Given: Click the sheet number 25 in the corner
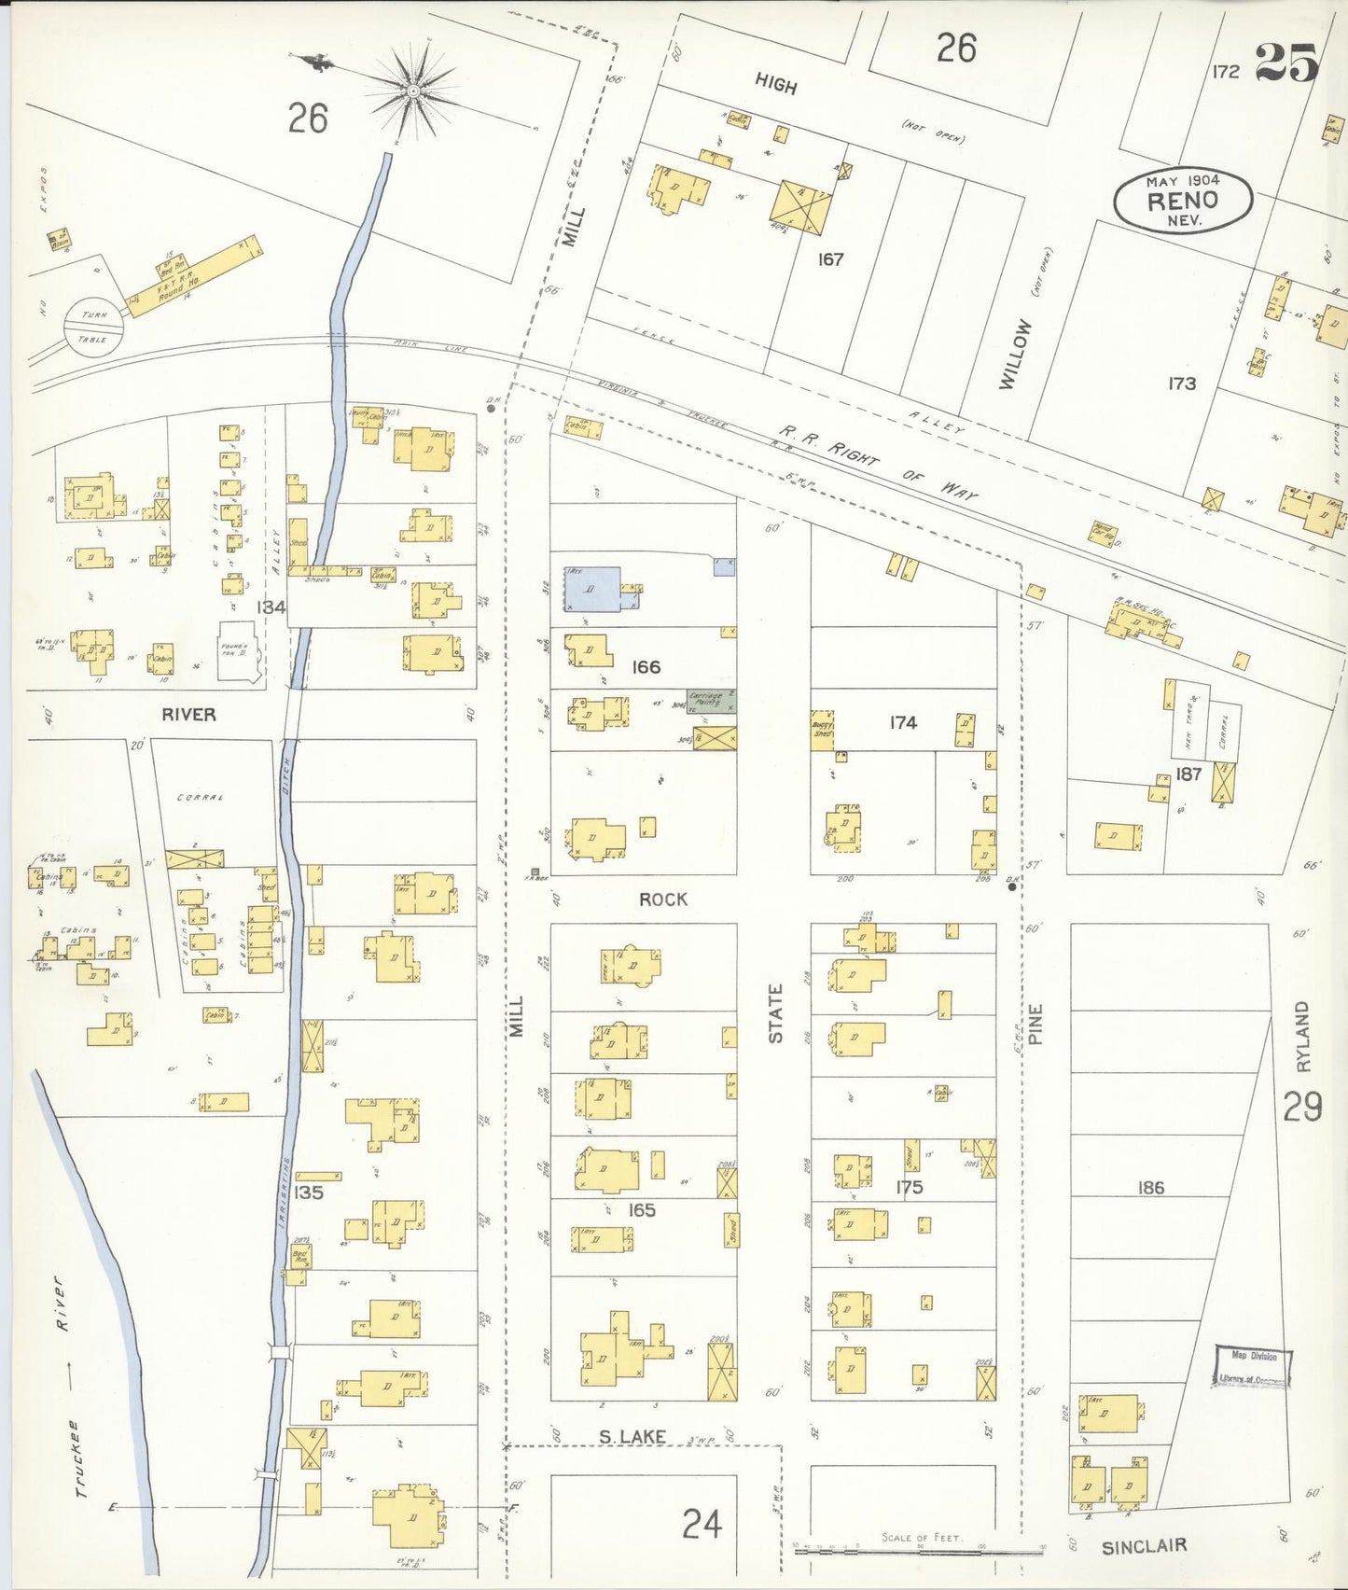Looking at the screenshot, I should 1287,63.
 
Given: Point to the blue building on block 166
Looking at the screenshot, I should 591,589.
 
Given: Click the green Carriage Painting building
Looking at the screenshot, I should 711,702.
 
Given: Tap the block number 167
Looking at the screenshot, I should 830,259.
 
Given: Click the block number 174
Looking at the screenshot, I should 902,722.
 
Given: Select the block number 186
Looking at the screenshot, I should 1151,1188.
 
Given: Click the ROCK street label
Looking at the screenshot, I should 663,900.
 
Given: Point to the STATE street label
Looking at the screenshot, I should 775,1013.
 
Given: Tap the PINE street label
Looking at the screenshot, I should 1035,1024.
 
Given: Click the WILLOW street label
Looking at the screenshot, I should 1017,355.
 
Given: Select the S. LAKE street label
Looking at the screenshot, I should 632,1436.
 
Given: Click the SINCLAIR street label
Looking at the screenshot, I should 1144,1547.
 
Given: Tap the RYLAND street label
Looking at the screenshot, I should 1303,1037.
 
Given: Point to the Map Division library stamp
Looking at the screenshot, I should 1253,1367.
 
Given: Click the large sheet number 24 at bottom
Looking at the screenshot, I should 702,1525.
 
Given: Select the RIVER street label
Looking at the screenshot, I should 188,715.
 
